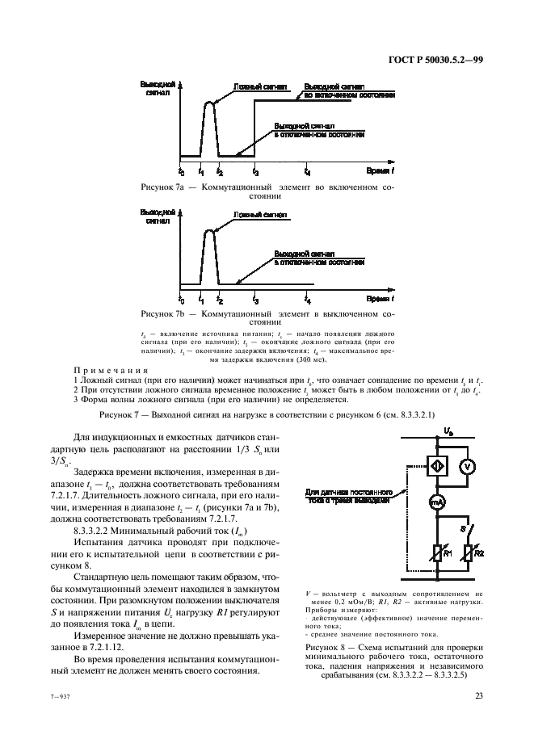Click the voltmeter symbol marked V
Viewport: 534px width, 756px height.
pyautogui.click(x=465, y=467)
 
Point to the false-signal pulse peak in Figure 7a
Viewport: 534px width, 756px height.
pyautogui.click(x=209, y=103)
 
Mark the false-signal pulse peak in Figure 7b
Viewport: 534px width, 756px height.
pyautogui.click(x=209, y=231)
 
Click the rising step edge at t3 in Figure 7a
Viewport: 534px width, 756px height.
pyautogui.click(x=254, y=129)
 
